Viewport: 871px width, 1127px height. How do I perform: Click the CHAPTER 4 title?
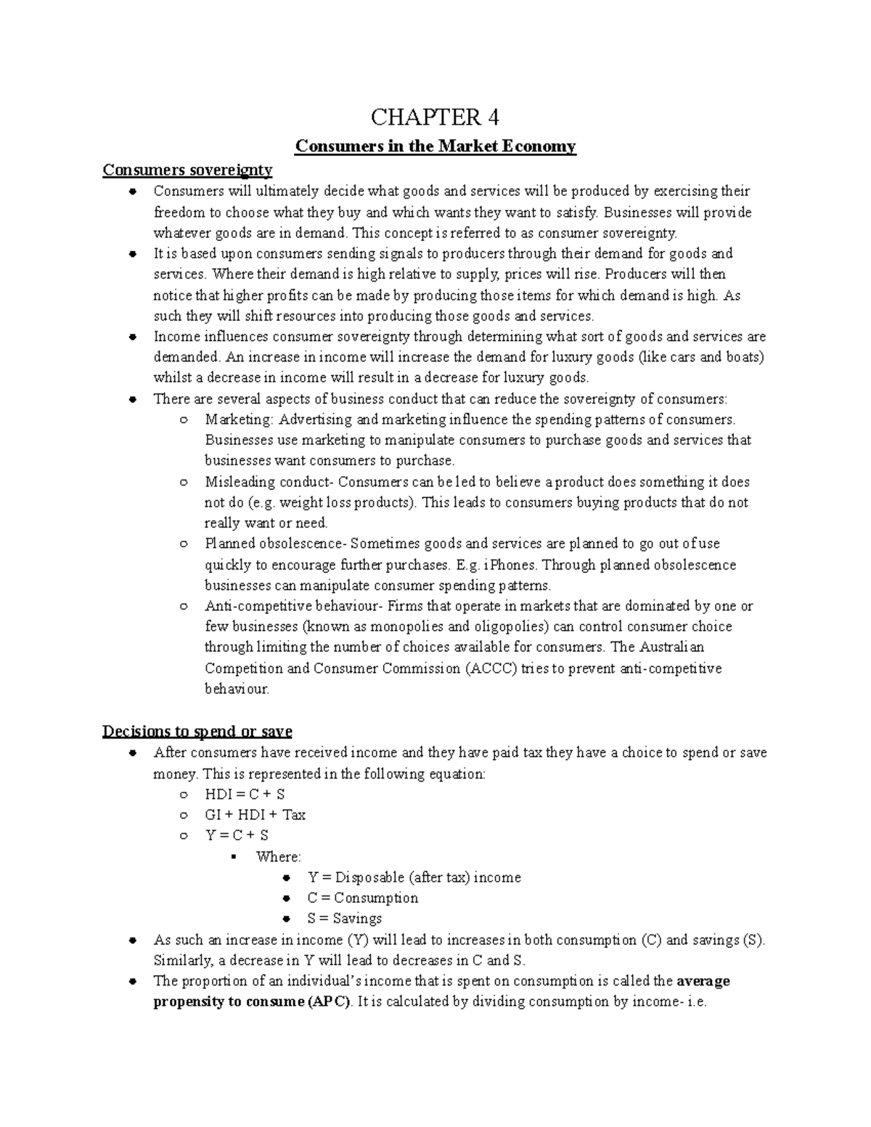pos(435,117)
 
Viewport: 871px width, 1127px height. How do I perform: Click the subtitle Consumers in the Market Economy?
pos(435,147)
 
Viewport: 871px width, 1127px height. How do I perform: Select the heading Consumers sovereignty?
pos(187,170)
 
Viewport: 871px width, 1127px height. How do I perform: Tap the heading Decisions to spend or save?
pos(197,731)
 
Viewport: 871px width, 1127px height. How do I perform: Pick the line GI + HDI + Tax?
pos(255,815)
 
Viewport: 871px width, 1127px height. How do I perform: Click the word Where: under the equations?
pos(278,856)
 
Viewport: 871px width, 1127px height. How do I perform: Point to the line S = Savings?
pos(344,919)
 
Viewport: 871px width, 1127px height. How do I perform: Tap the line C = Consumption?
pos(362,898)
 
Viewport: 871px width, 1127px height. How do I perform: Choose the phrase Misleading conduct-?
pos(269,482)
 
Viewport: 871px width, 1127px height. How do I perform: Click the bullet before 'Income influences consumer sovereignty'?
pos(132,337)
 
